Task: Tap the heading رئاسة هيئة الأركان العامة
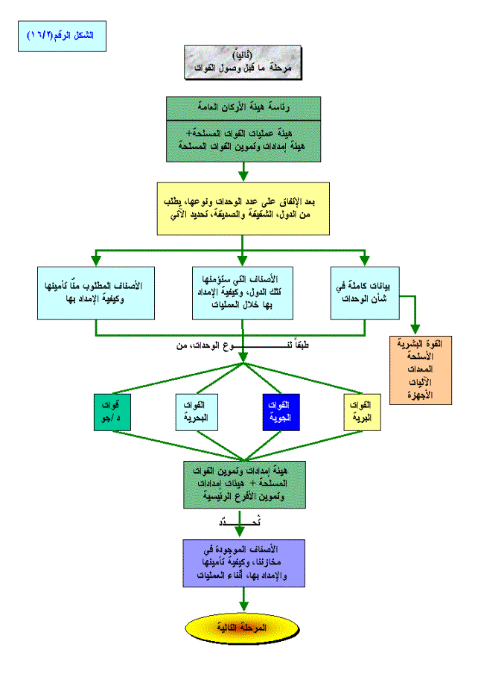[243, 107]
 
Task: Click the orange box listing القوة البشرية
[421, 370]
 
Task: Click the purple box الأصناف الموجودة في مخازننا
[243, 562]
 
